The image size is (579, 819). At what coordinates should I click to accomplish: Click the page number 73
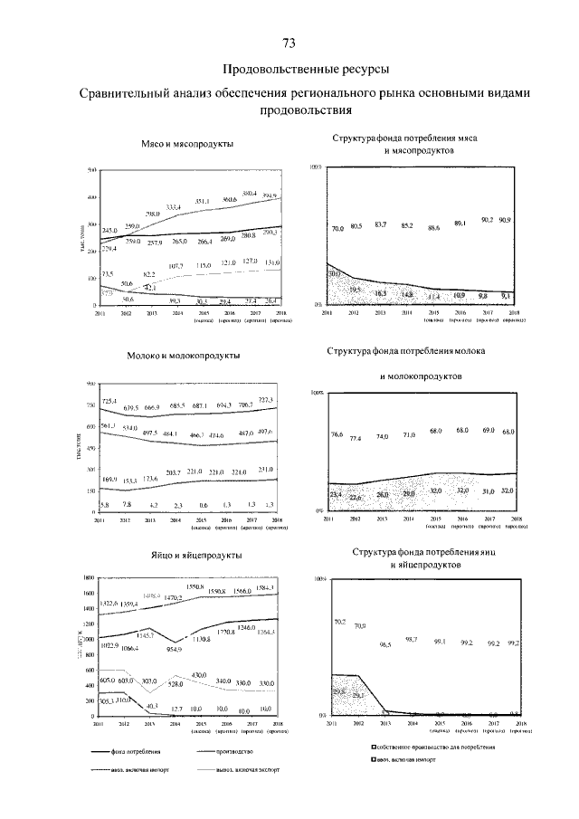click(x=289, y=43)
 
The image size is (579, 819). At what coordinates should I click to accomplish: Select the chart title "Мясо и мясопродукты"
click(x=188, y=145)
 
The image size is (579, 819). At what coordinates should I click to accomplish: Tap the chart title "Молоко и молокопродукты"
click(x=184, y=365)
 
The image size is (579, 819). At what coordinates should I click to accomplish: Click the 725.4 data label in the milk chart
click(x=109, y=401)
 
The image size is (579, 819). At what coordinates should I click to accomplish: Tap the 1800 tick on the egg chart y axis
click(x=89, y=577)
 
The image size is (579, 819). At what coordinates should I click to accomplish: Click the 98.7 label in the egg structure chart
click(x=410, y=639)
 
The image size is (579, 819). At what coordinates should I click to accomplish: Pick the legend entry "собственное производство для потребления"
click(x=436, y=747)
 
